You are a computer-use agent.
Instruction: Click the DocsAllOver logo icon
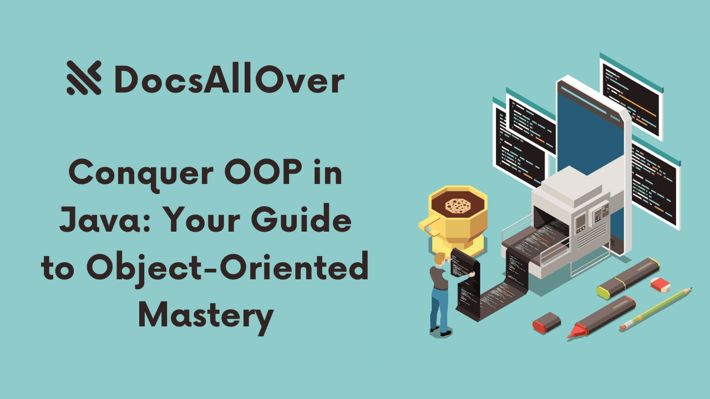[x=84, y=78]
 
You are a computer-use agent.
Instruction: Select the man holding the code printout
[x=441, y=294]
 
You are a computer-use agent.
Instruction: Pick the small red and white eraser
[x=660, y=284]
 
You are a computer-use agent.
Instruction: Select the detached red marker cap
[x=546, y=321]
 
